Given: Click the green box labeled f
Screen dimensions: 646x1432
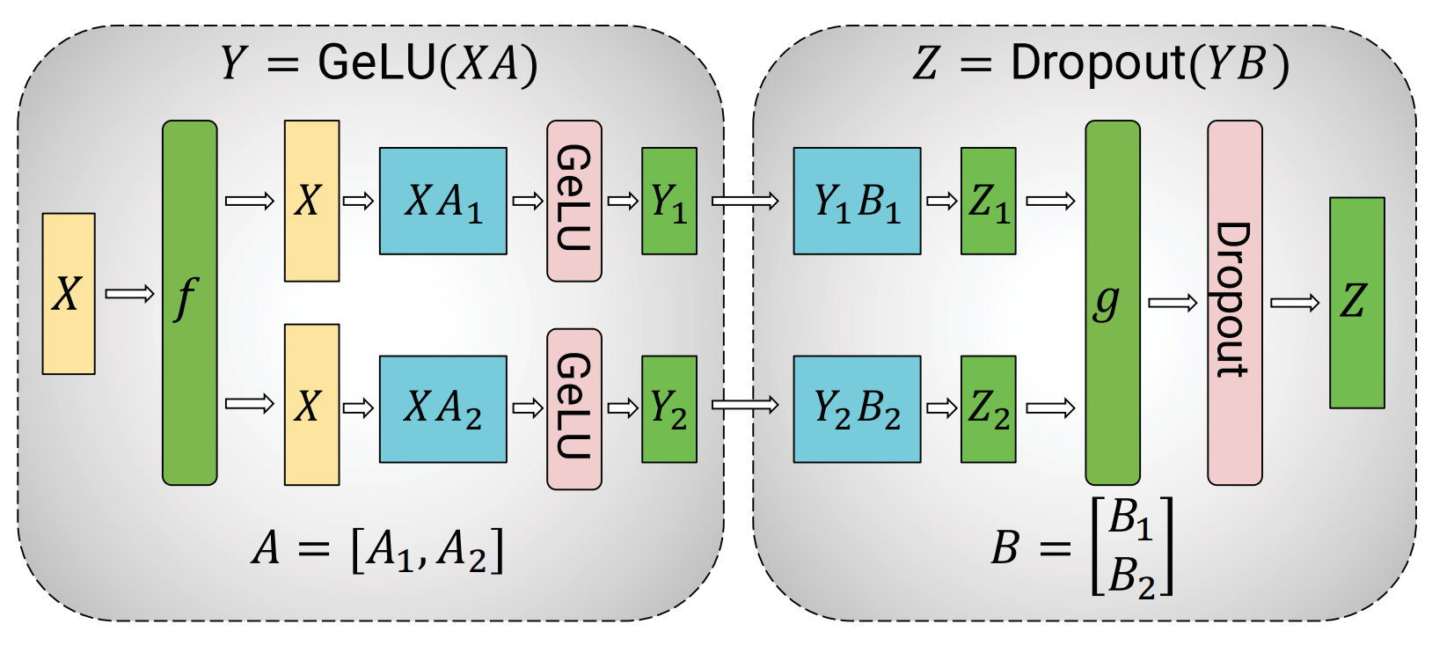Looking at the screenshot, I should (x=189, y=302).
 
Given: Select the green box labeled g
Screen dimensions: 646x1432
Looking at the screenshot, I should (x=1112, y=302).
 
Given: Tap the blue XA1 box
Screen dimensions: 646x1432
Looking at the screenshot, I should (x=442, y=201).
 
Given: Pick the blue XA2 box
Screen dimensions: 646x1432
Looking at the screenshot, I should (x=442, y=408).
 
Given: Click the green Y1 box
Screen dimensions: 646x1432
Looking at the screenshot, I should (x=669, y=201).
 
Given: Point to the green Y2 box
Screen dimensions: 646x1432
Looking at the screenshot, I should (x=669, y=408).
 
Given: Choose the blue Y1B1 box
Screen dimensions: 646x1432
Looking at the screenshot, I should (x=857, y=201).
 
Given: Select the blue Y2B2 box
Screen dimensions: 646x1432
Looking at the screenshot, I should (x=857, y=408).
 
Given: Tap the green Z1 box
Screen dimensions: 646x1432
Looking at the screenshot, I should (x=988, y=201).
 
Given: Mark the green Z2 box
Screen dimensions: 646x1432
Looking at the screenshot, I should (x=988, y=408).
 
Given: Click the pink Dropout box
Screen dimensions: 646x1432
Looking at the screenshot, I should (x=1234, y=302).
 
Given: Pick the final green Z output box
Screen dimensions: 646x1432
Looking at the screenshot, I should (x=1356, y=302).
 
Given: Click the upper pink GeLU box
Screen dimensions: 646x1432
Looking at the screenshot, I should (x=574, y=201).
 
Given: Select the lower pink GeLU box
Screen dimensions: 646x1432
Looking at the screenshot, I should (x=574, y=408).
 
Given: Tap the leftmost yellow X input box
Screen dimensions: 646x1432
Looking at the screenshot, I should (x=69, y=293).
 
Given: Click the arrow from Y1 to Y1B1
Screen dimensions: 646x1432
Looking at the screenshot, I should (x=744, y=202).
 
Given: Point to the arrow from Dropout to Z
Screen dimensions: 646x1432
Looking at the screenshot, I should (x=1295, y=303).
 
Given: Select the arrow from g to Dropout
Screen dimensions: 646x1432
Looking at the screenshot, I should (x=1173, y=303).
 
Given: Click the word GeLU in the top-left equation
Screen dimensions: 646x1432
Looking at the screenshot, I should (x=376, y=63).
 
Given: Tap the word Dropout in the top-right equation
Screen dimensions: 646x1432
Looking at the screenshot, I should (x=1098, y=63).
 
